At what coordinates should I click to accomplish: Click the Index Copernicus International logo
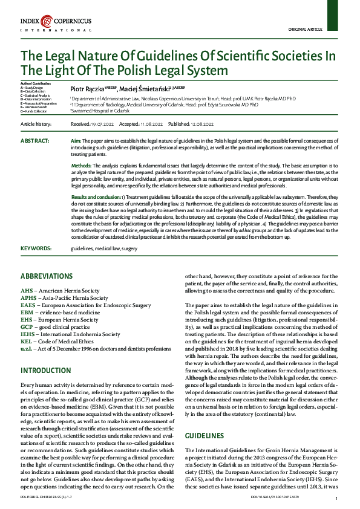pyautogui.click(x=56, y=25)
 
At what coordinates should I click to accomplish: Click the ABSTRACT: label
pyautogui.click(x=35, y=140)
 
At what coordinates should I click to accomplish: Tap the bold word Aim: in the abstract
pyautogui.click(x=77, y=140)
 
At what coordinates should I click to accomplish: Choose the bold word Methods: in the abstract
pyautogui.click(x=82, y=165)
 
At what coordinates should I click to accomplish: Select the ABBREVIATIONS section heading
pyautogui.click(x=47, y=276)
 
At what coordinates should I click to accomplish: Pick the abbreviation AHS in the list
pyautogui.click(x=27, y=290)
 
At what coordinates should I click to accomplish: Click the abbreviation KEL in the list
pyautogui.click(x=27, y=341)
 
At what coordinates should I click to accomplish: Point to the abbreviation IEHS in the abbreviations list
pyautogui.click(x=28, y=334)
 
